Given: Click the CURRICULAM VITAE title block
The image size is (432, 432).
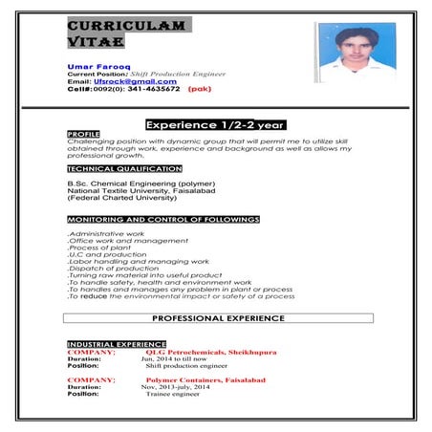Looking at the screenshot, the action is point(126,33).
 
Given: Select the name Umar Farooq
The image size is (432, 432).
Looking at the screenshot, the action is point(94,65).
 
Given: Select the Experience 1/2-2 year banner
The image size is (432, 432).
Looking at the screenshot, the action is point(214,124).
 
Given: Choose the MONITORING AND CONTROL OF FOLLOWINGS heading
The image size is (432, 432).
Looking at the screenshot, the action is point(162,220).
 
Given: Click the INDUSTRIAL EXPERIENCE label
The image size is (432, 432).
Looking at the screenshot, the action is point(117,343).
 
